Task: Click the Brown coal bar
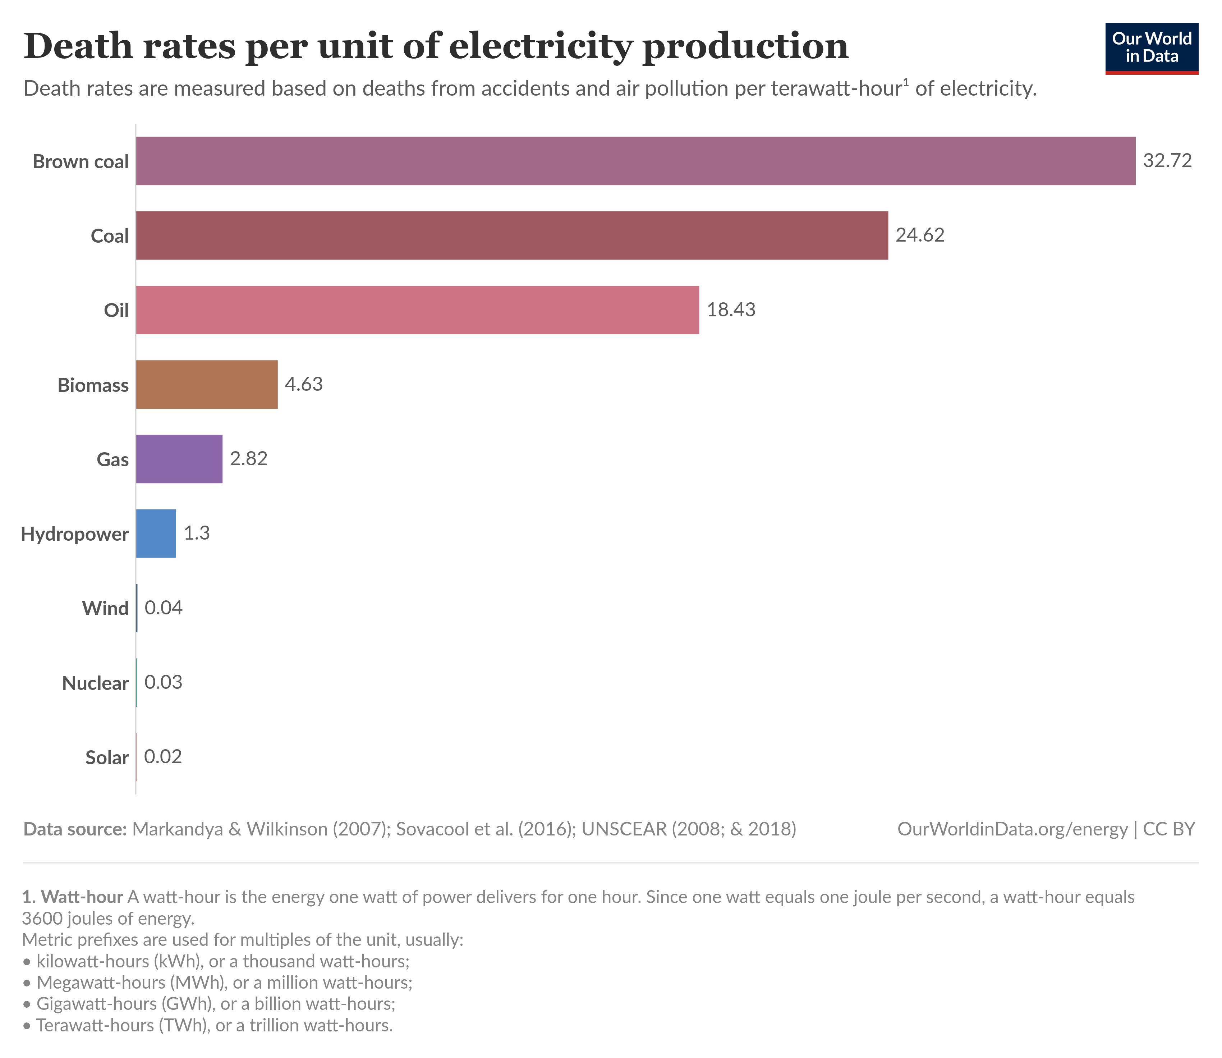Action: click(x=635, y=161)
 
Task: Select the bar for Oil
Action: click(x=417, y=310)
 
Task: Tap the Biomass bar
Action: click(x=207, y=384)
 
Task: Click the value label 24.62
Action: click(x=920, y=235)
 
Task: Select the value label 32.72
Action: click(x=1167, y=161)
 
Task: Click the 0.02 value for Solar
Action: click(x=163, y=756)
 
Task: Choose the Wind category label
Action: click(x=105, y=608)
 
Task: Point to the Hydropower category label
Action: click(x=75, y=534)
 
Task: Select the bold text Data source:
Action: click(x=75, y=829)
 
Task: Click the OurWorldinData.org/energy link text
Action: click(x=1012, y=829)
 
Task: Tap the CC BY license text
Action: click(x=1169, y=829)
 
